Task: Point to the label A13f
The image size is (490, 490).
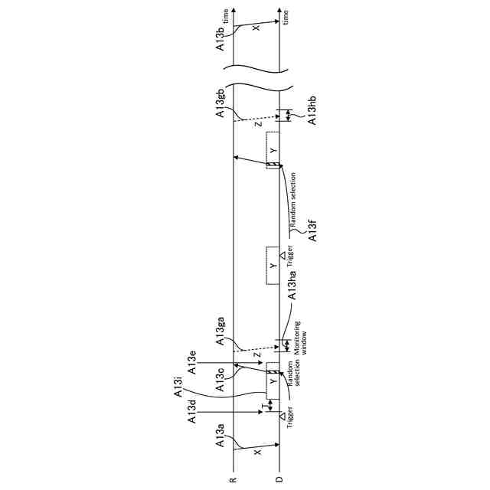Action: click(x=312, y=232)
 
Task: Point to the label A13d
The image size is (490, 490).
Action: click(x=194, y=411)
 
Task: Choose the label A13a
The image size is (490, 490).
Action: click(x=220, y=439)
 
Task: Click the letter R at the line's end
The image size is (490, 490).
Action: click(x=233, y=480)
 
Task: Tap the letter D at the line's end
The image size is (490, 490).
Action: click(x=279, y=480)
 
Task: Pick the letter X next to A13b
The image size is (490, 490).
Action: click(x=256, y=28)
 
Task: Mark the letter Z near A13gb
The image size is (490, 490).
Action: click(x=257, y=123)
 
